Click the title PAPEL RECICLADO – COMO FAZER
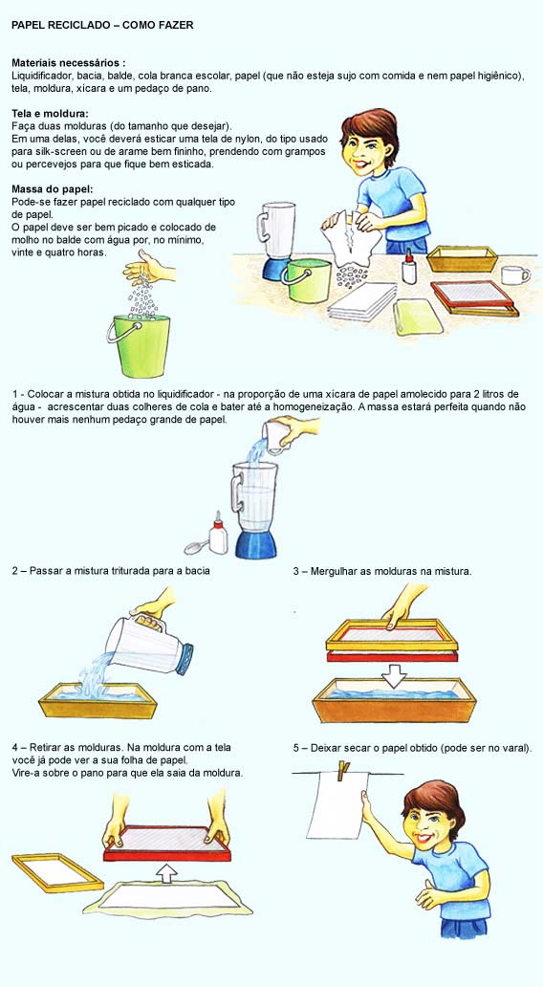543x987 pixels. [102, 25]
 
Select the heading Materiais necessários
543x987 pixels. [68, 62]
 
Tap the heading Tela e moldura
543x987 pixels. [49, 113]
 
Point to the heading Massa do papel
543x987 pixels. [51, 188]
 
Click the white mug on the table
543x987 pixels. [514, 275]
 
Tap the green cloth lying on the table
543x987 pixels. [418, 317]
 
